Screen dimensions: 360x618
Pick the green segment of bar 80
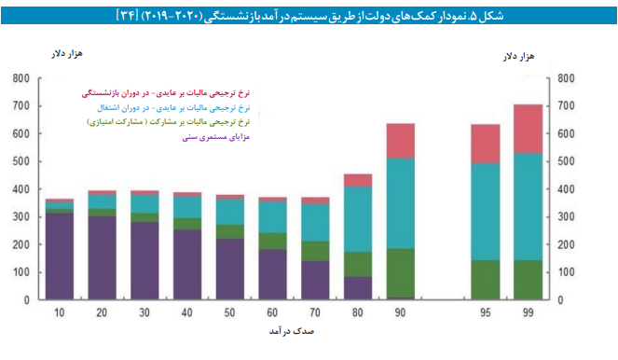click(358, 264)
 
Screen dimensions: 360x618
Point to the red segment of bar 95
click(485, 144)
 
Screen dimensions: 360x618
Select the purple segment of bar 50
click(230, 270)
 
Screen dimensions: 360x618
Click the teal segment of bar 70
click(315, 222)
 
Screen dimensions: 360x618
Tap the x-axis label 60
click(273, 312)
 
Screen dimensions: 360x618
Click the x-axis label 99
click(528, 312)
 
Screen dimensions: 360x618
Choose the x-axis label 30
click(144, 312)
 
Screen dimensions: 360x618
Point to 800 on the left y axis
click(21, 77)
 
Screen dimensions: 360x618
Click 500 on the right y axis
click(570, 161)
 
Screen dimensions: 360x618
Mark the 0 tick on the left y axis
click(27, 301)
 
